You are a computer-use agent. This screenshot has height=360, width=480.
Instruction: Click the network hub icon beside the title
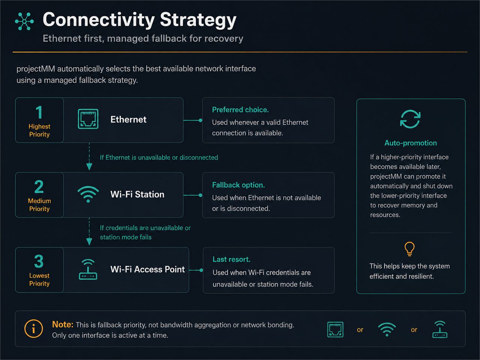click(24, 21)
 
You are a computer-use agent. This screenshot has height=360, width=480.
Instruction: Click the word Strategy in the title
click(198, 20)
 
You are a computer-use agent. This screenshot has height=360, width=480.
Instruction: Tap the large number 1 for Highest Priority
click(39, 112)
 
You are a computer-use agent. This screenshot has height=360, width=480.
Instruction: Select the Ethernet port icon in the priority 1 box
click(88, 119)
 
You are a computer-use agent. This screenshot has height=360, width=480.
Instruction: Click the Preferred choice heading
click(240, 110)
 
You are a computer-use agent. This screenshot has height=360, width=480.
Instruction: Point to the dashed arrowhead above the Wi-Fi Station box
click(89, 167)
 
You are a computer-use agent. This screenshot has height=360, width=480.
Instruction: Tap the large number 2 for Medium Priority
click(39, 187)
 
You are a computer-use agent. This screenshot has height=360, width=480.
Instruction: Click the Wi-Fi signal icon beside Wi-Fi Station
click(88, 194)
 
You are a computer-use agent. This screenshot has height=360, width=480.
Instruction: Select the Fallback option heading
click(238, 185)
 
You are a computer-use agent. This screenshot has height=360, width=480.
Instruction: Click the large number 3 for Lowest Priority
click(39, 261)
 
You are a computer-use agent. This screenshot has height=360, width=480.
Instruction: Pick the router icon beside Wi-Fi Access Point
click(88, 269)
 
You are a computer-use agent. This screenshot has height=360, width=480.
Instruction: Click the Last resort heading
click(231, 259)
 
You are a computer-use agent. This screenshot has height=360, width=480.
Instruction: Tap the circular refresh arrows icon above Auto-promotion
click(410, 119)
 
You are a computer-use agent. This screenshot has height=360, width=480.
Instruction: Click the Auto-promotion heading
click(411, 143)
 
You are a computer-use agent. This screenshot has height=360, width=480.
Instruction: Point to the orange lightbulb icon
click(409, 249)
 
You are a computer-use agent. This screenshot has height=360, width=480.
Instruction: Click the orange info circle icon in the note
click(33, 328)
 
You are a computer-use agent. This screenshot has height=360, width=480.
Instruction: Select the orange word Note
click(63, 325)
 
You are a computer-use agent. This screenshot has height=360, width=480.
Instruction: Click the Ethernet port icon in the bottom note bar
click(335, 329)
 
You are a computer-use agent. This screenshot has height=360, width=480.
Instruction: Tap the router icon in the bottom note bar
click(440, 329)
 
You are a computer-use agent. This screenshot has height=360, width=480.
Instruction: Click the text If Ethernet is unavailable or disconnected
click(159, 157)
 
